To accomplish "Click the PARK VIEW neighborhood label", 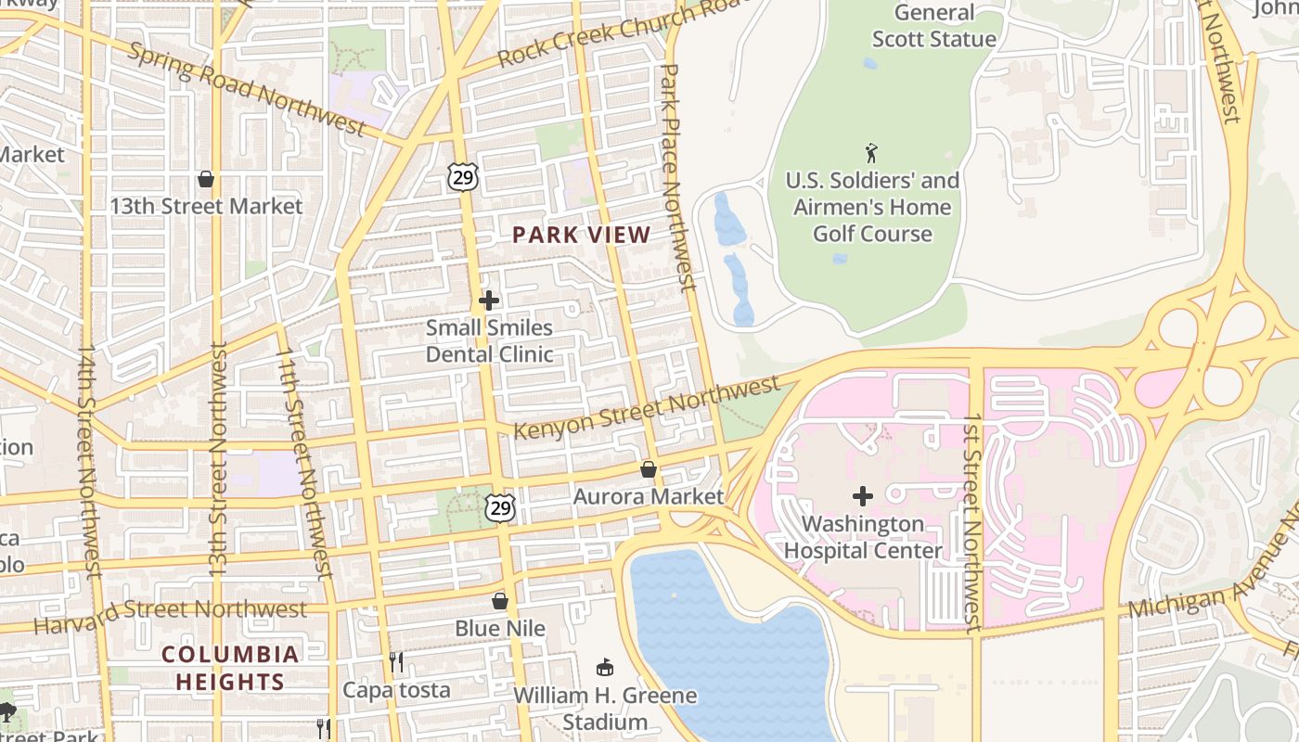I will [582, 236].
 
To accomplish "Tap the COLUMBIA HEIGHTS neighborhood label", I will [230, 668].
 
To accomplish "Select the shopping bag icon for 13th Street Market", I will [206, 178].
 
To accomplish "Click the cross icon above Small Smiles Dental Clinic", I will [489, 301].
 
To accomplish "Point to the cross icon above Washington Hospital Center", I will [863, 496].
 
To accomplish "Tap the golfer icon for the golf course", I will [871, 153].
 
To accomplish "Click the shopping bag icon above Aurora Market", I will [649, 469].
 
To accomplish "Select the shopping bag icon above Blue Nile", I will [500, 601].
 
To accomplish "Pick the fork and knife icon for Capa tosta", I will [396, 662].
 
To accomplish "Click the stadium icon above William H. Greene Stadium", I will [605, 667].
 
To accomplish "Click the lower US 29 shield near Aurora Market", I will [500, 507].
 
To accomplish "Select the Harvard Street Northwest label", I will [170, 612].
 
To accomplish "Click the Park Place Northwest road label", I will [675, 176].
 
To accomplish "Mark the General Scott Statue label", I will [933, 26].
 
